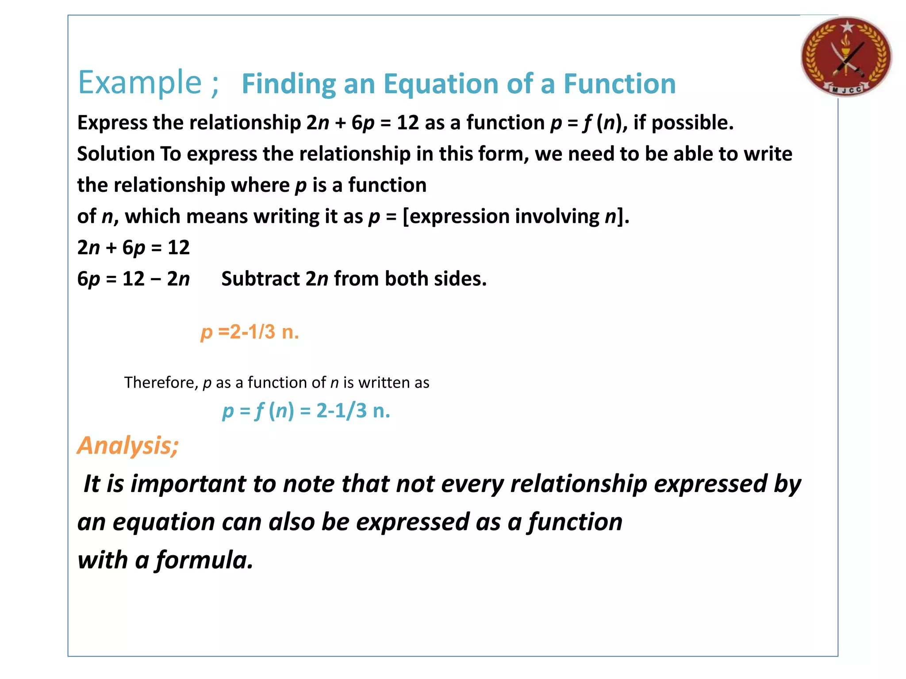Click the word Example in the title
pyautogui.click(x=140, y=83)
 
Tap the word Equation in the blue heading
pyautogui.click(x=442, y=84)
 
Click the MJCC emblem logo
pyautogui.click(x=846, y=57)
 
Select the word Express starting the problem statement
pyautogui.click(x=112, y=123)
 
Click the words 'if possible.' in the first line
pyautogui.click(x=683, y=123)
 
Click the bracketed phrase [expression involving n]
pyautogui.click(x=516, y=217)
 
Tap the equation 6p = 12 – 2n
pyautogui.click(x=133, y=279)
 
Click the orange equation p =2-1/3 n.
pyautogui.click(x=250, y=332)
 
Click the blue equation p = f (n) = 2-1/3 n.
pyautogui.click(x=306, y=411)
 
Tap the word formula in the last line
pyautogui.click(x=204, y=560)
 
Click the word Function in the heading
pyautogui.click(x=619, y=84)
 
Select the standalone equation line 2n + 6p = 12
pyautogui.click(x=133, y=248)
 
